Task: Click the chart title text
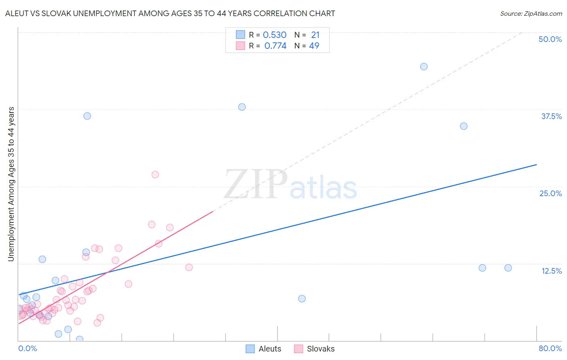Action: pos(170,14)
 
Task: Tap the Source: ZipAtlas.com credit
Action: pos(531,14)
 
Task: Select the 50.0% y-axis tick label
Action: pos(550,39)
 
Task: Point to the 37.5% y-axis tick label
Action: pos(551,116)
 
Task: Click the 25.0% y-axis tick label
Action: pos(550,193)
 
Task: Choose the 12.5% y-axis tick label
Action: pos(551,271)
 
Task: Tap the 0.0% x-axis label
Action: pos(27,348)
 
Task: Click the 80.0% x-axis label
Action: pos(550,348)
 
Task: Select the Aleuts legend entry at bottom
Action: pos(264,349)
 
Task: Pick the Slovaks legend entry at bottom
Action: pos(315,349)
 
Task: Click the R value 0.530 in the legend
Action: pos(275,35)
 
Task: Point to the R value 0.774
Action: pos(275,46)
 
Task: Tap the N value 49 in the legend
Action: pos(314,46)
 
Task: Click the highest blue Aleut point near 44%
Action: pos(424,67)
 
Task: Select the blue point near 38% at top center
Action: pos(242,107)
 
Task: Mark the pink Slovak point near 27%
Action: pos(155,175)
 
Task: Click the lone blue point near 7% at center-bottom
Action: pos(302,299)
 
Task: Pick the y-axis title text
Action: pos(11,184)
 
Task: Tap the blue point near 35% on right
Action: pos(464,126)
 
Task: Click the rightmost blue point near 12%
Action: pos(508,268)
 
